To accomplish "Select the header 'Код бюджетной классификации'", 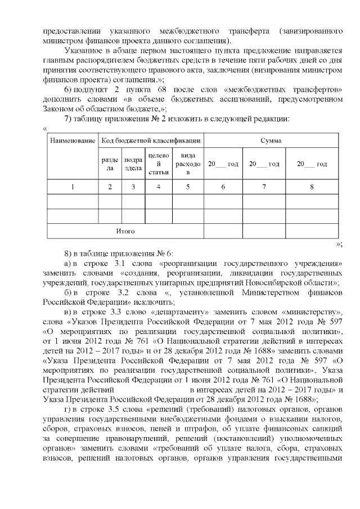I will (x=150, y=140).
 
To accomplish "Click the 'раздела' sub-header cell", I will (x=110, y=164).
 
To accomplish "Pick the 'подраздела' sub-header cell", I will (x=133, y=164).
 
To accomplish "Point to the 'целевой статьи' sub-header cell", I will (x=159, y=164).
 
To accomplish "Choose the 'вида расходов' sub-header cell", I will (x=187, y=164).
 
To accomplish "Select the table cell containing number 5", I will (x=187, y=186).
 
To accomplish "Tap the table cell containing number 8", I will (x=312, y=186).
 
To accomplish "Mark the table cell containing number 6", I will (x=223, y=186).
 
